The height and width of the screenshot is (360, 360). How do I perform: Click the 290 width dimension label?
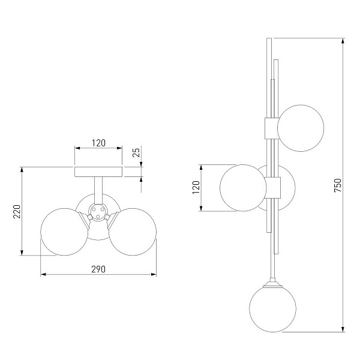pos(98,269)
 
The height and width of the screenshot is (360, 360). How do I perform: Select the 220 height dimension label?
pos(17,211)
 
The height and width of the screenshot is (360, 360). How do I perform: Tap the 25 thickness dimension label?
pos(136,152)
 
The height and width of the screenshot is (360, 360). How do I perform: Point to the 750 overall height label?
pos(338,185)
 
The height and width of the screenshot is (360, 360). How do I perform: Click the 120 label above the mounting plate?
pos(98,143)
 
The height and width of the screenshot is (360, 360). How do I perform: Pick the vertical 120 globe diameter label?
pos(196,187)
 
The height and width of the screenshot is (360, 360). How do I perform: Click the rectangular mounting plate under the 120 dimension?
pos(98,172)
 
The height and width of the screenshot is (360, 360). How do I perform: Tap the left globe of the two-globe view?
pos(64,232)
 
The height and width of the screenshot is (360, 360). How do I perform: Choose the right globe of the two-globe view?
pos(133,232)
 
